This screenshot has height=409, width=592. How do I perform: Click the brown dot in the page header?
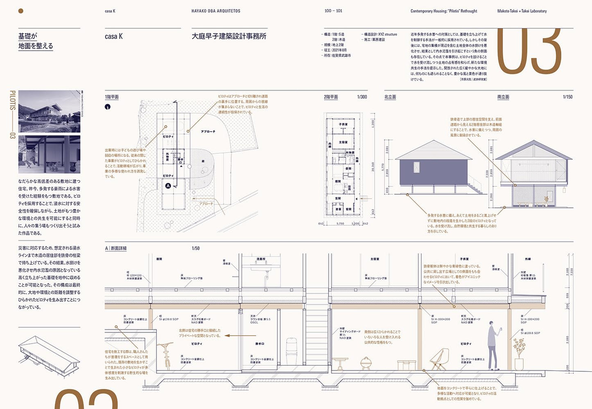click(21, 11)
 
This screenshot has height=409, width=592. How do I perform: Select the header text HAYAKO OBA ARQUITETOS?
click(216, 11)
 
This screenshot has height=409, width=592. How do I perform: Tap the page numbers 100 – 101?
click(333, 11)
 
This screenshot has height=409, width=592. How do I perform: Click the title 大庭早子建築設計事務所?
click(229, 36)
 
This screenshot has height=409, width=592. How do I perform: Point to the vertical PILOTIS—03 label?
click(12, 114)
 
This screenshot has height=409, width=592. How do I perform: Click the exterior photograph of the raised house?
click(49, 111)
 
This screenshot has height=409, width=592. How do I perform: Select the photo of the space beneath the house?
click(49, 155)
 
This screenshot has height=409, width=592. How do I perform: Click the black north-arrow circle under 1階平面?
click(108, 107)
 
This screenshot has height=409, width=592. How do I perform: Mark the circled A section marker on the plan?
click(168, 186)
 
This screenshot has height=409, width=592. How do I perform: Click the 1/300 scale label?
click(362, 97)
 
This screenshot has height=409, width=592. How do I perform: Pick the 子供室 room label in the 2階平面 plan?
click(343, 124)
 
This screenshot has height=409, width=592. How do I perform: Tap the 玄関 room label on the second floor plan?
click(338, 198)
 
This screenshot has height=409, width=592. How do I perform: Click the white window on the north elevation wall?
click(417, 167)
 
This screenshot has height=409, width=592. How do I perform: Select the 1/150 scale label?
click(567, 97)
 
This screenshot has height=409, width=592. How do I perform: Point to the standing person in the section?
click(493, 345)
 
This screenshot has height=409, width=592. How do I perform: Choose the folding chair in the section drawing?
click(440, 359)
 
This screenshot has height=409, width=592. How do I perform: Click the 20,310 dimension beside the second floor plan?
click(373, 167)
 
